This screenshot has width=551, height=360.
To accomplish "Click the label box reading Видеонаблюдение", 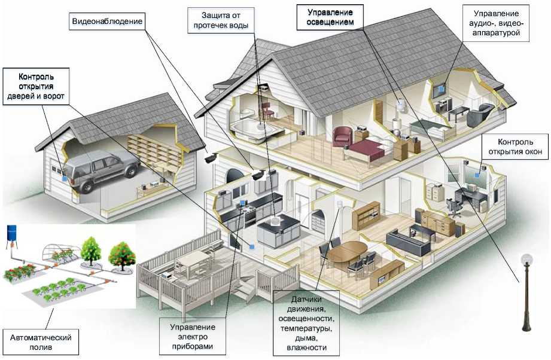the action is click(106, 23).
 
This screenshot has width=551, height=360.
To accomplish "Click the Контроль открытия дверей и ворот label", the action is click(36, 86).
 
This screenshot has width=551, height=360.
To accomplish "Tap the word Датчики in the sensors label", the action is click(306, 299).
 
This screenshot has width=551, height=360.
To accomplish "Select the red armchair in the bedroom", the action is click(342, 136).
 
